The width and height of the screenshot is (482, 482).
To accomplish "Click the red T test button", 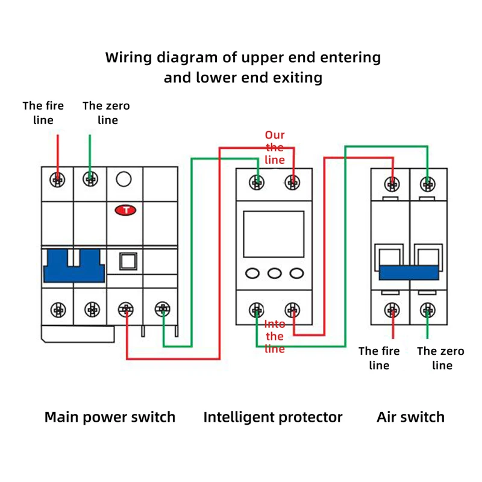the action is coord(125,210).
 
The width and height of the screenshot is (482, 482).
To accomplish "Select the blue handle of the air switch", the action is coord(409,272).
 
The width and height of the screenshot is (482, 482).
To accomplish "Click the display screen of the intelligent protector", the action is coord(274,234).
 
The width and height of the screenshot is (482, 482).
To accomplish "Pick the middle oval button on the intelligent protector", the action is coord(275,273).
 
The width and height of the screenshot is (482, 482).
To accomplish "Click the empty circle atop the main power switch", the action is coord(124,179).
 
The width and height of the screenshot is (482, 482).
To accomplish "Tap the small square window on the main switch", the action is coord(128,261).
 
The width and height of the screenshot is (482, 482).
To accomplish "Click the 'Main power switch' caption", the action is coord(110,417).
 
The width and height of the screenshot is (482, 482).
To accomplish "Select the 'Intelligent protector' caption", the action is coord(273,417).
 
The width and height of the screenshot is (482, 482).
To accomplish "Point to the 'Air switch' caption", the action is coord(411,417).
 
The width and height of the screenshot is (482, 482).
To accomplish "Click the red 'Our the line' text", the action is coord(275,147).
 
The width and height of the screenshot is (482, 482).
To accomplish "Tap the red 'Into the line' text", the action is coord(275,336).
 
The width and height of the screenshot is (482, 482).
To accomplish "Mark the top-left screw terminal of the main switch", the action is coord(57,180).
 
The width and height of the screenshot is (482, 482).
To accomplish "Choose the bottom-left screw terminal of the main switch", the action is coord(58,310).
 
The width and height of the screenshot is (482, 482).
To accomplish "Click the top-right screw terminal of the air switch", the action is coord(428,184).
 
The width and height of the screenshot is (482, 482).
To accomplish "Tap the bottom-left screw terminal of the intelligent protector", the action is coord(257,310).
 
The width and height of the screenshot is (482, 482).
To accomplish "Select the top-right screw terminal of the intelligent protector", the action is coord(292,183).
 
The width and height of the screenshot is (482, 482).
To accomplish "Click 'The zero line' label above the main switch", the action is coord(107,113).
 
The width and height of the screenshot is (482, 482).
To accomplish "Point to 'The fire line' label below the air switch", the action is coord(379,358).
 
